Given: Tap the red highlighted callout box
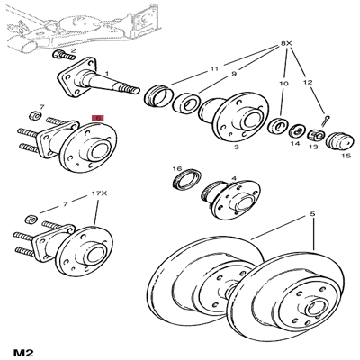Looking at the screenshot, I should click(x=99, y=117).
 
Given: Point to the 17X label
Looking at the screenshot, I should click(x=99, y=192).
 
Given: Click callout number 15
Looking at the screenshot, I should click(x=346, y=156).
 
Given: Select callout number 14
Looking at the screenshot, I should click(x=294, y=144).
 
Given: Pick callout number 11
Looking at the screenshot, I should click(x=213, y=68).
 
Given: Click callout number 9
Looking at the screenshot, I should click(x=233, y=75).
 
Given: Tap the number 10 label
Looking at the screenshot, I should click(x=282, y=83).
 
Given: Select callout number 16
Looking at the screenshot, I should click(x=177, y=168).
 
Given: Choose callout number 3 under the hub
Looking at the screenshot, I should click(x=236, y=145).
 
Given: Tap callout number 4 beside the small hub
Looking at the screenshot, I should click(x=234, y=178).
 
